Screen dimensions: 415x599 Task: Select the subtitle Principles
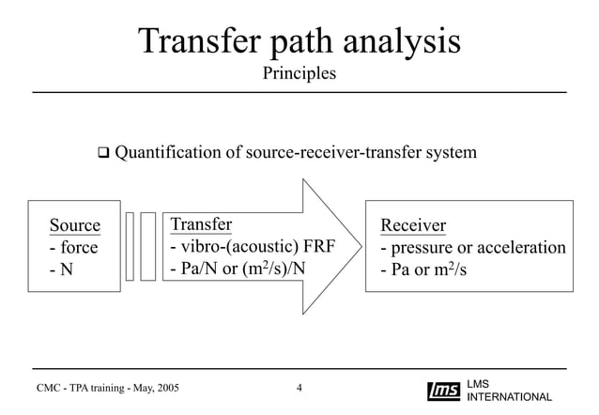click(x=299, y=73)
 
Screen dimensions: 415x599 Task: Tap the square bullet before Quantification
click(x=103, y=151)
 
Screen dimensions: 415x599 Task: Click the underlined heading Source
click(x=74, y=225)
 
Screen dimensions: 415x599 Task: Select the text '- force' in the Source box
click(x=73, y=248)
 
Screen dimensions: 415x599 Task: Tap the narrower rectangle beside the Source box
click(x=130, y=246)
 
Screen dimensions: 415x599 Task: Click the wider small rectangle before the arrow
click(x=148, y=246)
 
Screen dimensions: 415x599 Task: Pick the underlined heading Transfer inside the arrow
click(x=201, y=223)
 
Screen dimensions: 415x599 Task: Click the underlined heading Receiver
click(x=413, y=225)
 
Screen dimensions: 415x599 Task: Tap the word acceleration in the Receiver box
click(x=521, y=248)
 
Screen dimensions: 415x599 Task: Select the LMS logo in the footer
click(x=443, y=391)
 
